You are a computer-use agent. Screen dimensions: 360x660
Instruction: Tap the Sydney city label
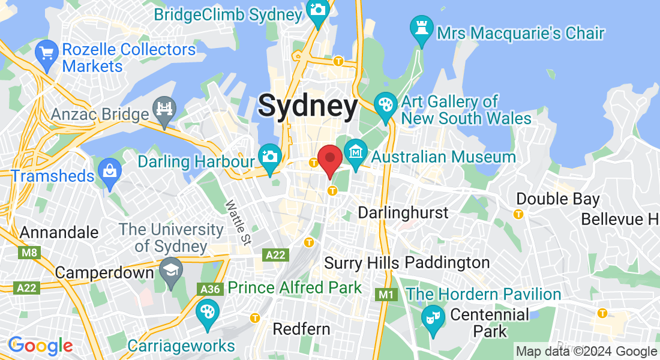coord(308,106)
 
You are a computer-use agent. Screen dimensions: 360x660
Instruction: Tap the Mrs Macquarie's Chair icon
coord(421,28)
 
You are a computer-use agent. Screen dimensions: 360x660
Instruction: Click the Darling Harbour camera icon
coord(270,156)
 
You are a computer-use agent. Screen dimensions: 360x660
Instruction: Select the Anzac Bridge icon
coord(163,109)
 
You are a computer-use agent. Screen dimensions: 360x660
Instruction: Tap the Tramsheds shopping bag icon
coord(110,171)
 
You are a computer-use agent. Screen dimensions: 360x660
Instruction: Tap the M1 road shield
coord(385,295)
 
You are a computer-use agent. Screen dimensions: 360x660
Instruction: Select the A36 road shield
coord(210,289)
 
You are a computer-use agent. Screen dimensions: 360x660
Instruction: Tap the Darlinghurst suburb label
coord(403,212)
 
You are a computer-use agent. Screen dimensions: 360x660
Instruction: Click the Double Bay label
coord(557,199)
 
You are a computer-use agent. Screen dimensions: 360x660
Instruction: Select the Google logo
coord(40,346)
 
